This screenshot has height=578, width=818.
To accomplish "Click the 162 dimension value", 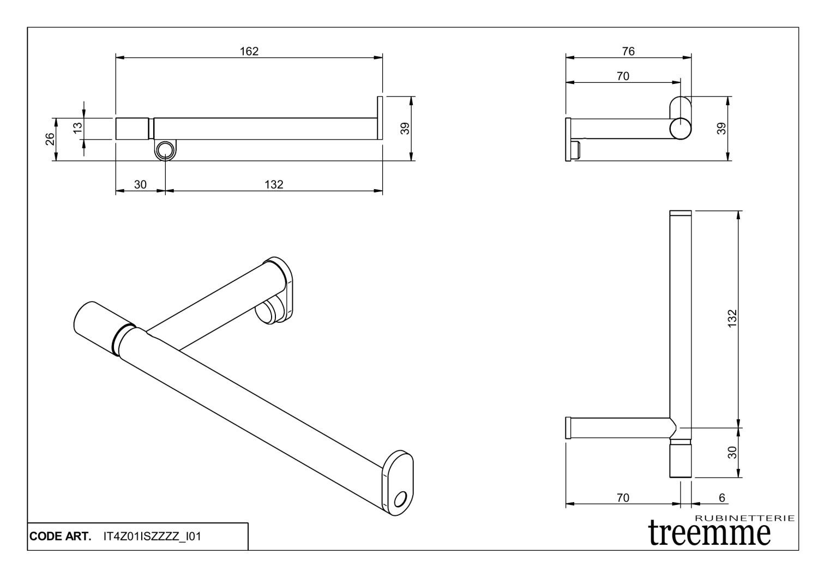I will click(x=249, y=51).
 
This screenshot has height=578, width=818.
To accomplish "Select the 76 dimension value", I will click(x=628, y=51).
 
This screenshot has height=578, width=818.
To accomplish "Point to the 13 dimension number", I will click(x=78, y=128).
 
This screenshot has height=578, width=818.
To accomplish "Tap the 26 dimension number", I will click(x=49, y=139).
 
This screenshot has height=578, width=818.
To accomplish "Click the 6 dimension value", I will click(x=722, y=498).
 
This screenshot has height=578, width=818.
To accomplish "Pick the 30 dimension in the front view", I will click(x=140, y=184).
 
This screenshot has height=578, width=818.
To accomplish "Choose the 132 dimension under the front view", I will click(x=274, y=184).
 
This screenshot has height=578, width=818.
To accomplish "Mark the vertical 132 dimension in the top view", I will click(x=732, y=318).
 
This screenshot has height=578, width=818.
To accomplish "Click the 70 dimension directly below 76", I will click(x=623, y=76).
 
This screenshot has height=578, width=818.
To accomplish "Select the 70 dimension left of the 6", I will click(x=623, y=498).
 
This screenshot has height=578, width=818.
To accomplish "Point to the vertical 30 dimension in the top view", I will click(x=732, y=452).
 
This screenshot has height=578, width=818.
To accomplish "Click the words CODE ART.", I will click(x=60, y=537).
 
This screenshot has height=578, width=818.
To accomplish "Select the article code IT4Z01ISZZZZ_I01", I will click(x=152, y=537).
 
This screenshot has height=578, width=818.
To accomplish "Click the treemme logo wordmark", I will click(x=710, y=532).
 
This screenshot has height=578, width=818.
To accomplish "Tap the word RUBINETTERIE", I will click(x=745, y=518).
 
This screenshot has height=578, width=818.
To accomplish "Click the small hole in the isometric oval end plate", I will click(x=401, y=498).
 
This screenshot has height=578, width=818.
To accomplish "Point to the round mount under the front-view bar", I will click(x=165, y=150).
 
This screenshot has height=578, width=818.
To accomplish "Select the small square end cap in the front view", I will click(x=132, y=129).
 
